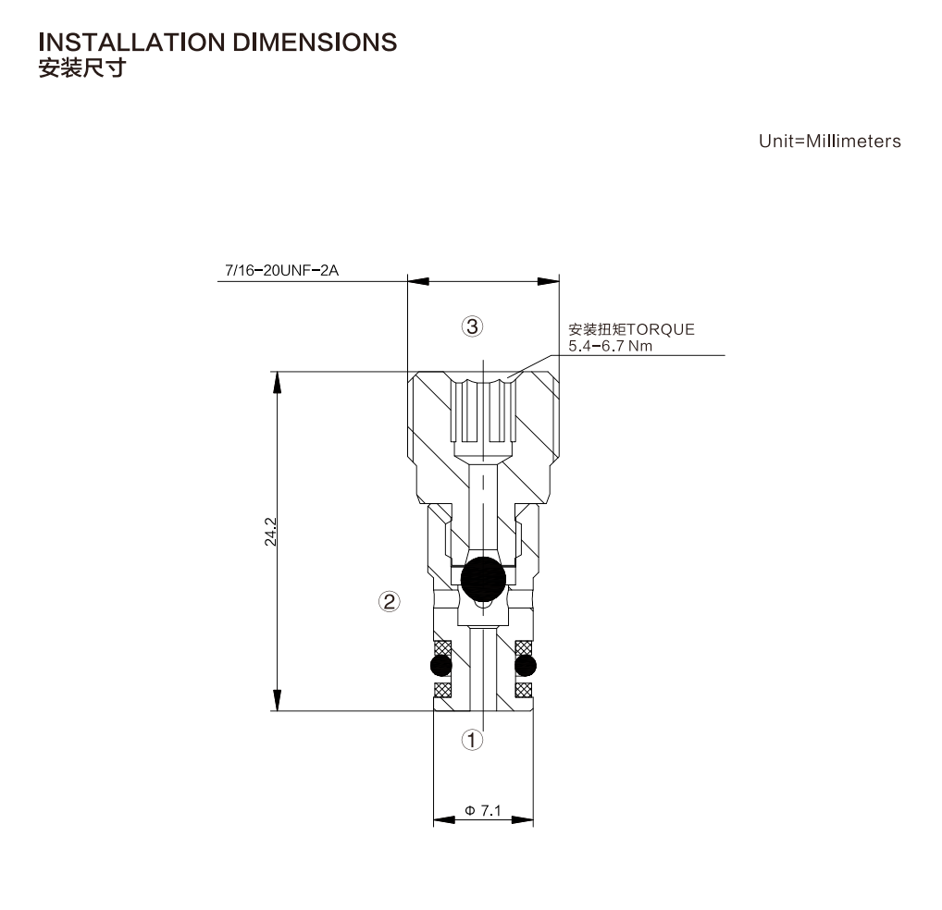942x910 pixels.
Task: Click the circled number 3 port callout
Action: [472, 326]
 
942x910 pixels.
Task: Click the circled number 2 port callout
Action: [390, 601]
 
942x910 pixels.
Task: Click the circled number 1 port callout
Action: [472, 740]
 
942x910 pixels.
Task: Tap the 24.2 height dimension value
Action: [270, 532]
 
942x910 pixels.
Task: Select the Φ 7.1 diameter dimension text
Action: [483, 810]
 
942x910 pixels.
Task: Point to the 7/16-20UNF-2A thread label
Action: [281, 270]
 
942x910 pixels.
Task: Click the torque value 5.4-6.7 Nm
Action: [611, 346]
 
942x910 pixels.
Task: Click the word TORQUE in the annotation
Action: [661, 329]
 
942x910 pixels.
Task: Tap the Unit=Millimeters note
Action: [830, 141]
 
